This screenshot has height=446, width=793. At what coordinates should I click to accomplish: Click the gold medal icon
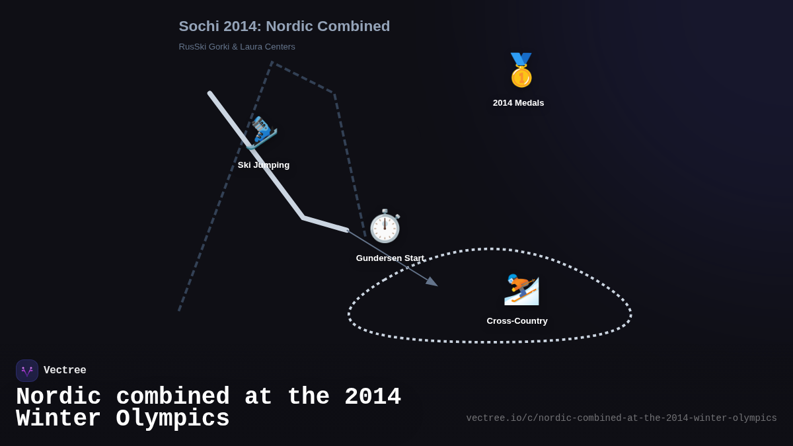click(x=521, y=70)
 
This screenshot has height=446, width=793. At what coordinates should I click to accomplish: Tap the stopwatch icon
click(x=385, y=227)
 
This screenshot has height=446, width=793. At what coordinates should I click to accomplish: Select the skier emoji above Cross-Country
click(x=521, y=289)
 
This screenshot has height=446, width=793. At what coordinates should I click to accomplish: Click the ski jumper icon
click(x=263, y=132)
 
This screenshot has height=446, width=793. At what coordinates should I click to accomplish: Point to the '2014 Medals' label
click(x=518, y=103)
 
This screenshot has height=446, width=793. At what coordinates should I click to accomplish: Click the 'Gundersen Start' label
click(x=390, y=258)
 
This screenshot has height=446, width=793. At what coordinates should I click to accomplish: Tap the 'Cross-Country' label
click(x=517, y=321)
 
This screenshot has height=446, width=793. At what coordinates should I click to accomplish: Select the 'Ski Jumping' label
click(x=264, y=165)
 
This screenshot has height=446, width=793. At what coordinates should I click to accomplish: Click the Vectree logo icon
click(x=27, y=371)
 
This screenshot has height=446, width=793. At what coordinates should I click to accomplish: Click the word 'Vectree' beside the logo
click(x=65, y=371)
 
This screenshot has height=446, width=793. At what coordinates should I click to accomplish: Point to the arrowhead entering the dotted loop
click(x=432, y=282)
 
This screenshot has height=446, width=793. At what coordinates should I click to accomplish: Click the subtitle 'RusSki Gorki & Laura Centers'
click(x=237, y=47)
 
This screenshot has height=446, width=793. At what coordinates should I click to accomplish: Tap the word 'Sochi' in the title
click(x=198, y=26)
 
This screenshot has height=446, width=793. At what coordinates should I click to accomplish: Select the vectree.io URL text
click(x=621, y=418)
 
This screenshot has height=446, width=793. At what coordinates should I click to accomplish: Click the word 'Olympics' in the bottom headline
click(x=173, y=419)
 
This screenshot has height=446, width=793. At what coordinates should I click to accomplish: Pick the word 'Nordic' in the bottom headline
click(x=58, y=397)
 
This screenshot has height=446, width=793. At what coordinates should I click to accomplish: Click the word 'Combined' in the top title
click(x=353, y=26)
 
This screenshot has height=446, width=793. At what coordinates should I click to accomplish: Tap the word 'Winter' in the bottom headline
click(x=58, y=419)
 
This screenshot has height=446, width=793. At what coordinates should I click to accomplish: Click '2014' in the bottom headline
click(x=372, y=397)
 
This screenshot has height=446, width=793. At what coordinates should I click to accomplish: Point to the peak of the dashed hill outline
click(x=272, y=63)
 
